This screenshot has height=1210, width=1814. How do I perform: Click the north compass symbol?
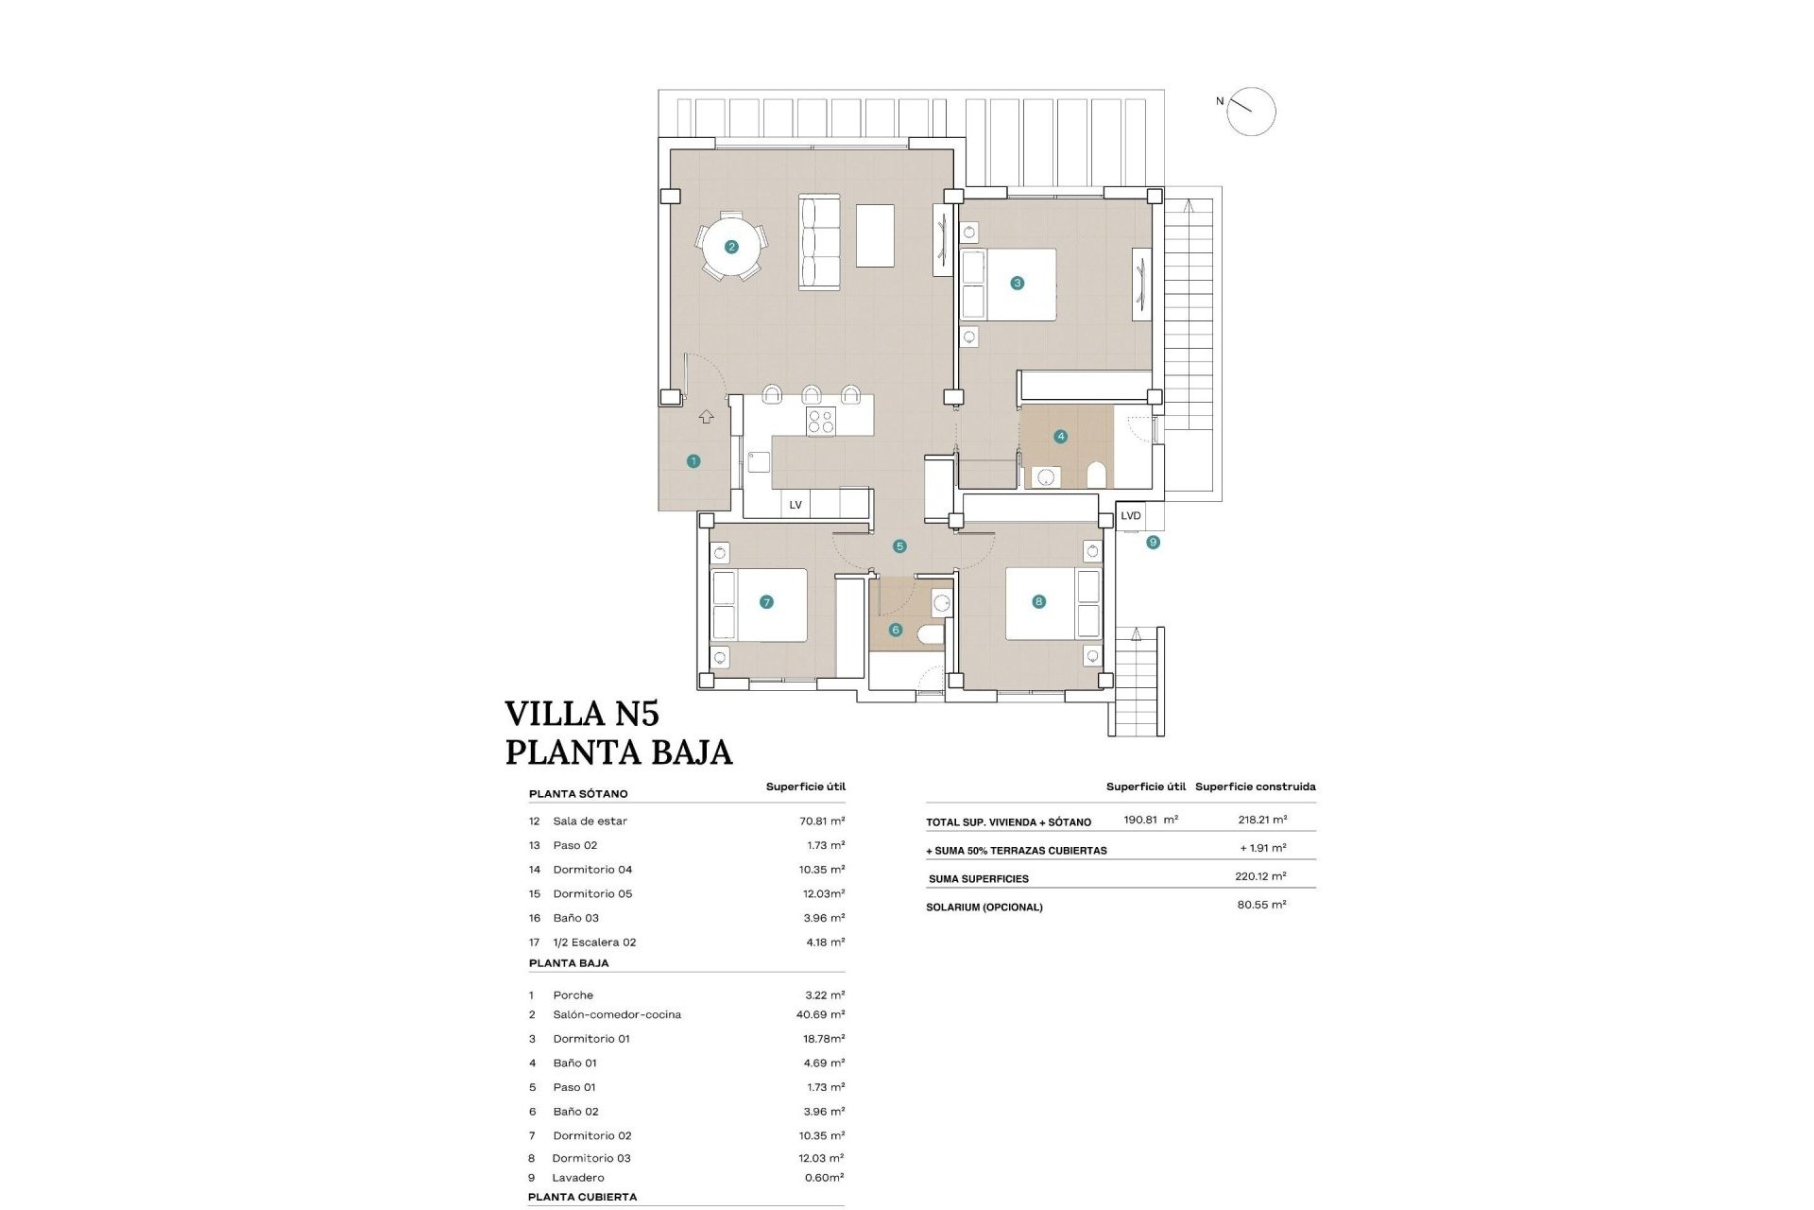click(1251, 112)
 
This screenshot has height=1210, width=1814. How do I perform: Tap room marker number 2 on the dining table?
click(730, 248)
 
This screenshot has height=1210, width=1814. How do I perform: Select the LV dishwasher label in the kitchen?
click(796, 505)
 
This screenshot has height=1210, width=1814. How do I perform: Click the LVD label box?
click(1131, 516)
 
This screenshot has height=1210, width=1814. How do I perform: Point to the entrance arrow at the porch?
click(706, 417)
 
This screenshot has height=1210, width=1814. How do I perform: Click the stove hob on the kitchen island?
click(820, 422)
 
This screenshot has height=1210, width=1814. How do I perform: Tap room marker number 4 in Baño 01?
click(1061, 437)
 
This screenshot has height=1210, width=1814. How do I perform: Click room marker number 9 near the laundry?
click(1153, 543)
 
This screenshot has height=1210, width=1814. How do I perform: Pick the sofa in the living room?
click(819, 242)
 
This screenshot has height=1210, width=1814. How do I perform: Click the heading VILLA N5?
click(581, 714)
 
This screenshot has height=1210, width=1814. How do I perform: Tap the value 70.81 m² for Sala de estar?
click(822, 821)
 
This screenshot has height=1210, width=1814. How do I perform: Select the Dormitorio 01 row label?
click(591, 1039)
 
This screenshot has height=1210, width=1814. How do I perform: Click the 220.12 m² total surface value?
click(1260, 876)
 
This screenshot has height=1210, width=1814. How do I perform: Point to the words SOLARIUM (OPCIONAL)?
click(984, 907)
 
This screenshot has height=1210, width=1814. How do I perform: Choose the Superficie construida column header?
click(1255, 786)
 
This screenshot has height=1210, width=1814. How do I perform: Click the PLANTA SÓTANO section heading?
click(578, 794)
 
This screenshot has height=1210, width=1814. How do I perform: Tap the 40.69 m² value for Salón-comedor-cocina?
click(820, 1014)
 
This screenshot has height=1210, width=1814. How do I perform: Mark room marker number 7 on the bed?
click(766, 602)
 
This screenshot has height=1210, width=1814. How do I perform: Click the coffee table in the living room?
click(875, 235)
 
